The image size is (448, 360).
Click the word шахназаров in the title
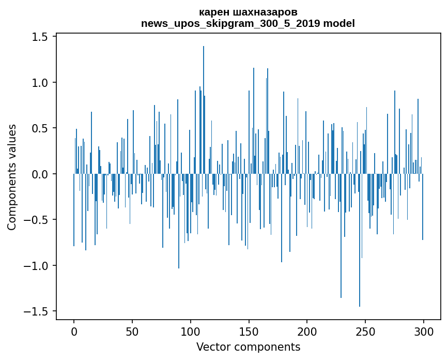coord(264,12)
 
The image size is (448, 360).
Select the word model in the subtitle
coord(339,23)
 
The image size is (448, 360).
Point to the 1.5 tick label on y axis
coord(41,37)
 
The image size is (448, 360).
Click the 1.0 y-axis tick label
coord(41,83)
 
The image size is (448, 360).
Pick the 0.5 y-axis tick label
coord(41,128)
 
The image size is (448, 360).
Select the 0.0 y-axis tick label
coord(41,174)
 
